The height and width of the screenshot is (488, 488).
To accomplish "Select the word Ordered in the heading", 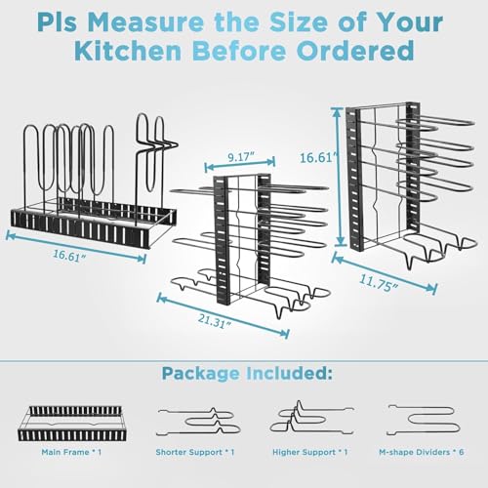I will [363, 51].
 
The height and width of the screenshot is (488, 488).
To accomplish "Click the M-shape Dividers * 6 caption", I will [421, 451].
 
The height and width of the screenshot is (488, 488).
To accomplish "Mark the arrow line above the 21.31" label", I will [223, 307].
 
